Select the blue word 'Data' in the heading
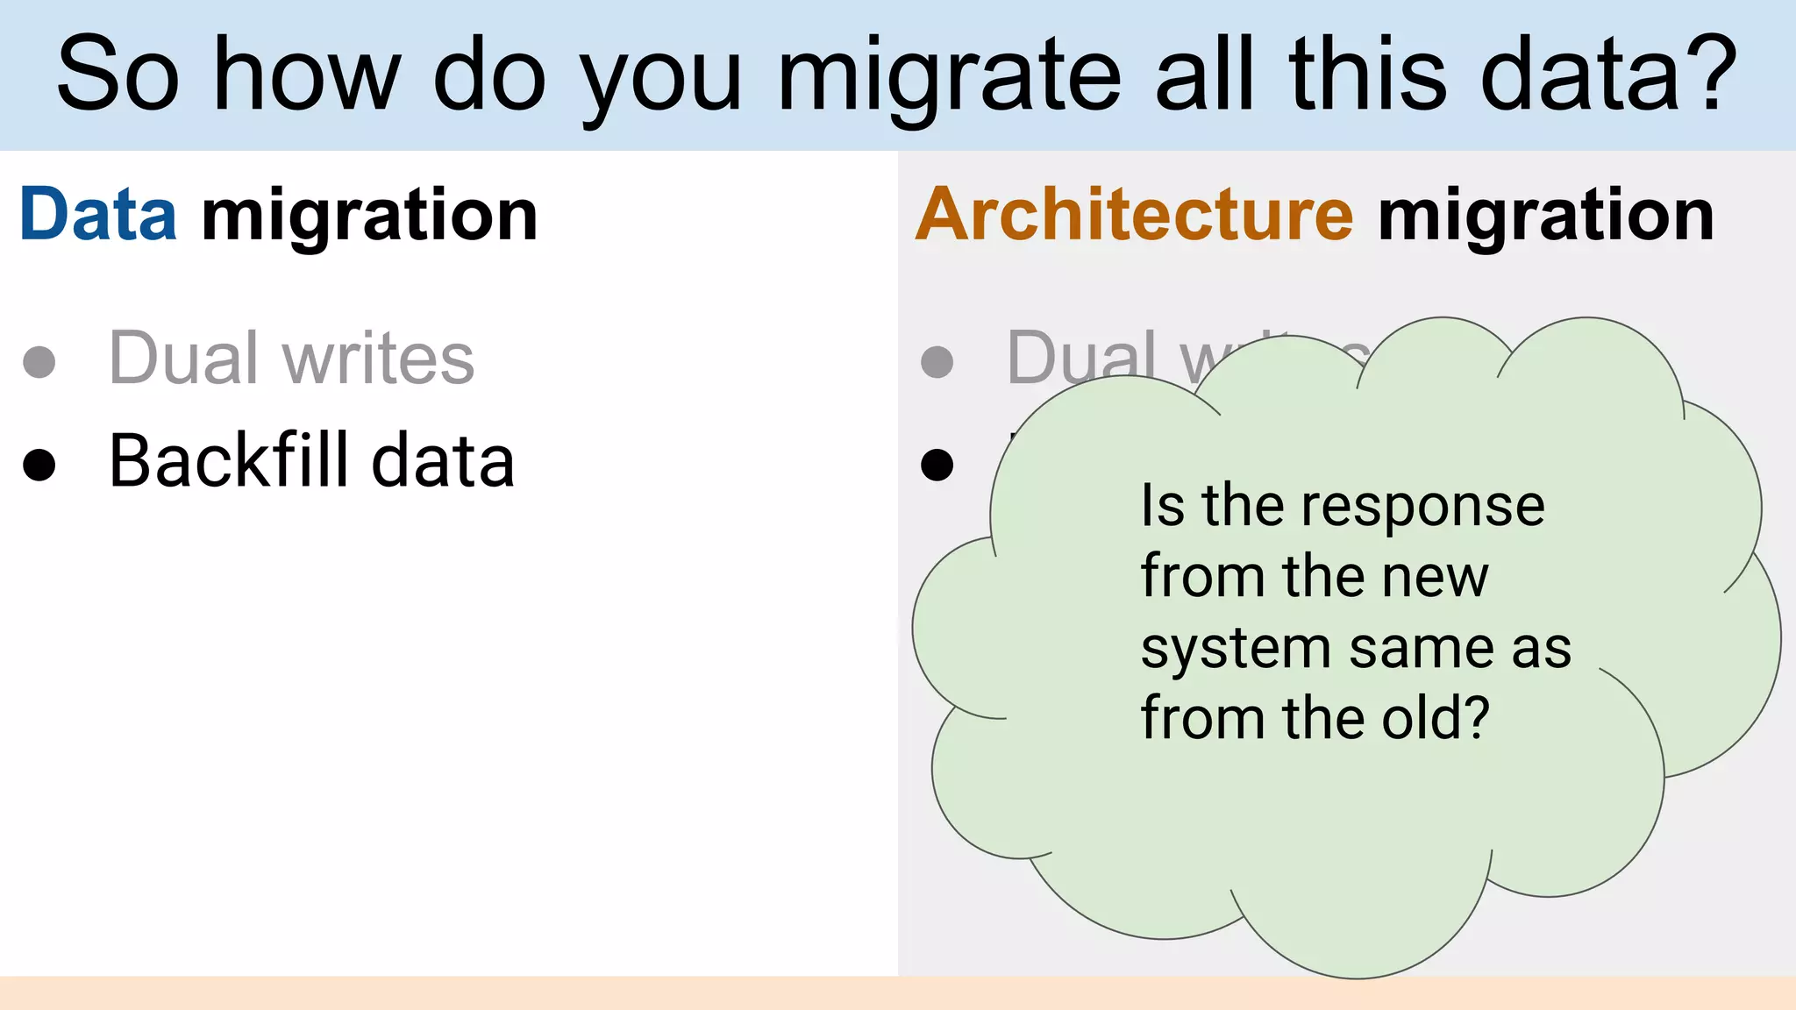click(x=98, y=215)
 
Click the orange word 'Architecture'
click(x=1135, y=215)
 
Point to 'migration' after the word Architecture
click(x=1545, y=215)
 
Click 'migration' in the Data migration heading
click(x=369, y=215)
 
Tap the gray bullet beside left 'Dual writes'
click(x=39, y=361)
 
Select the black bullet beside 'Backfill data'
click(x=39, y=465)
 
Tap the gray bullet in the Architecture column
click(x=937, y=361)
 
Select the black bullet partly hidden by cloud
click(x=937, y=465)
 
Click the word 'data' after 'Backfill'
click(x=443, y=460)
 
